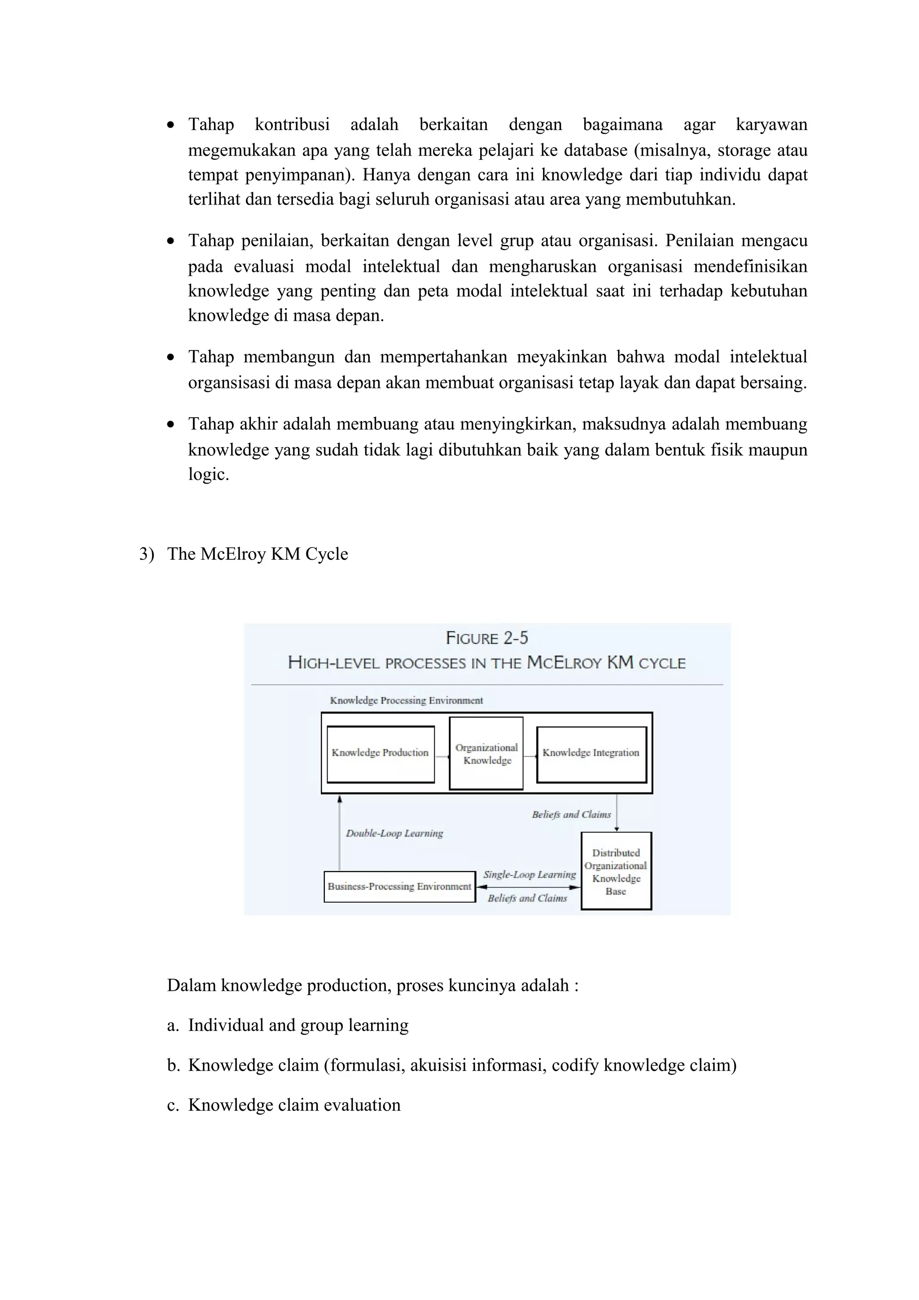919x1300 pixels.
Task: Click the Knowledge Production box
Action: pos(380,754)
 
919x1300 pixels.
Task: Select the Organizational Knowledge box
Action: pos(486,754)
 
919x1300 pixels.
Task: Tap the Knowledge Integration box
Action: pos(591,754)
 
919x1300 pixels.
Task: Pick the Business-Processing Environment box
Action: pos(399,887)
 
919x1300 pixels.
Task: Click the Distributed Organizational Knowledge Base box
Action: pos(616,872)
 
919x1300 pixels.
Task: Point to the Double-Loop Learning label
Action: pos(395,833)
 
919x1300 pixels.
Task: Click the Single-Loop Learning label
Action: pos(530,875)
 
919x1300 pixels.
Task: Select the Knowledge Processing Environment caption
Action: pos(407,700)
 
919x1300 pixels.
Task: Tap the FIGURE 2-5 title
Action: pos(486,638)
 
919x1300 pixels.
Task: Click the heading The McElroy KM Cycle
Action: pos(257,554)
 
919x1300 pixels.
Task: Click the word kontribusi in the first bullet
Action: pos(292,125)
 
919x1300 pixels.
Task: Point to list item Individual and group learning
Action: pos(298,1025)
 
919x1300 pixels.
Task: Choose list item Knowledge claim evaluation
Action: pos(294,1105)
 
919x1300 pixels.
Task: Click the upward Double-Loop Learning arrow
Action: pos(340,832)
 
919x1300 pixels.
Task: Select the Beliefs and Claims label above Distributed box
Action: pos(571,815)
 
